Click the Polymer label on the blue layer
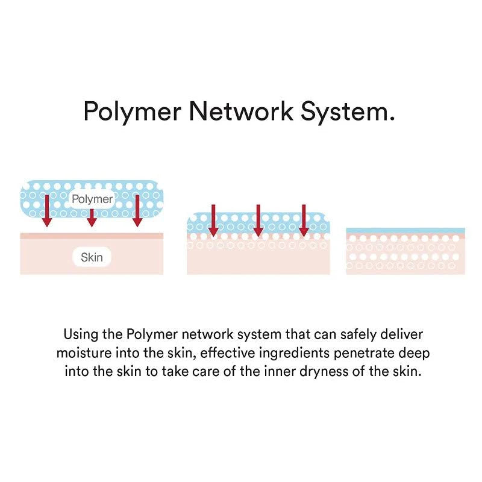coord(92,198)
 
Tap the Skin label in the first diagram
coord(92,258)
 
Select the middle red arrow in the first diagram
coord(92,218)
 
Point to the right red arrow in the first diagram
coord(137,211)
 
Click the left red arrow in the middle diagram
coord(213,221)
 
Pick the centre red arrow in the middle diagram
coord(258,221)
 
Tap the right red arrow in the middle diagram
coord(304,221)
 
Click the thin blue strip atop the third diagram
coord(405,231)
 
